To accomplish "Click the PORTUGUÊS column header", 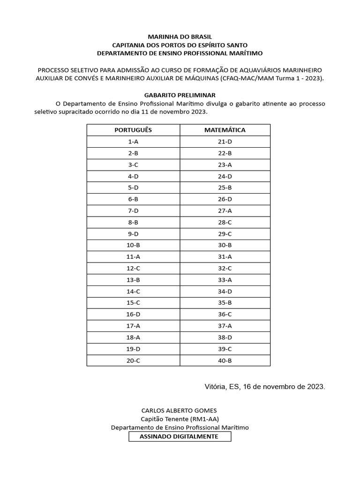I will (x=133, y=130).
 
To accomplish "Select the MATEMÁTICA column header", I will (x=225, y=130).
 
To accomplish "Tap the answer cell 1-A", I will (x=133, y=142).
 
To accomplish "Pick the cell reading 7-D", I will (x=133, y=210).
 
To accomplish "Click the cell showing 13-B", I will (x=133, y=280).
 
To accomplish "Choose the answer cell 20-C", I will (x=133, y=360).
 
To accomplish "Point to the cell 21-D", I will (x=225, y=142).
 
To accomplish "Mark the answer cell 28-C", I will (x=225, y=222).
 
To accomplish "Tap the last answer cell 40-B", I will (x=225, y=360).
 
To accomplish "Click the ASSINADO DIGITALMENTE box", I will (x=180, y=436).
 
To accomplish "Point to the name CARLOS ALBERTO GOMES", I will (x=180, y=410).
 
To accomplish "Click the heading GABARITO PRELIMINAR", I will (x=180, y=95).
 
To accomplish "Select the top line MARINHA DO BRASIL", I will (x=180, y=36).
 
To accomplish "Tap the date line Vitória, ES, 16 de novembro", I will (x=264, y=387).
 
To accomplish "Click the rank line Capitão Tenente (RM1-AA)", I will (x=180, y=419).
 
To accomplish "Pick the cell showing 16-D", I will (x=133, y=315).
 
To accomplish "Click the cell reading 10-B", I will (x=133, y=245).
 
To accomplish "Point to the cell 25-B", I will (x=225, y=187).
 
